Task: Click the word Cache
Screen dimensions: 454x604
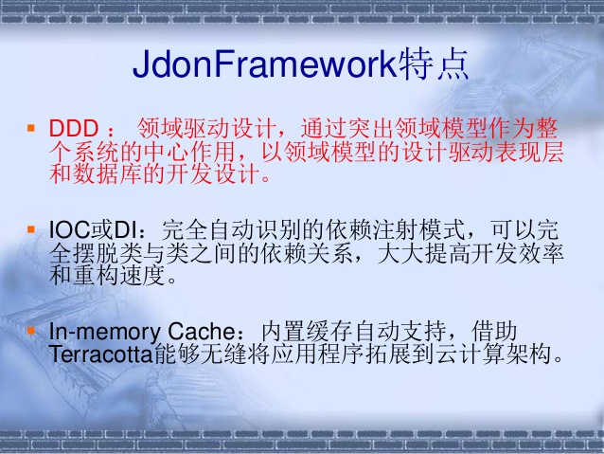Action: point(200,334)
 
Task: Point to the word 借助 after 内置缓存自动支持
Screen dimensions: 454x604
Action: point(496,334)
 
